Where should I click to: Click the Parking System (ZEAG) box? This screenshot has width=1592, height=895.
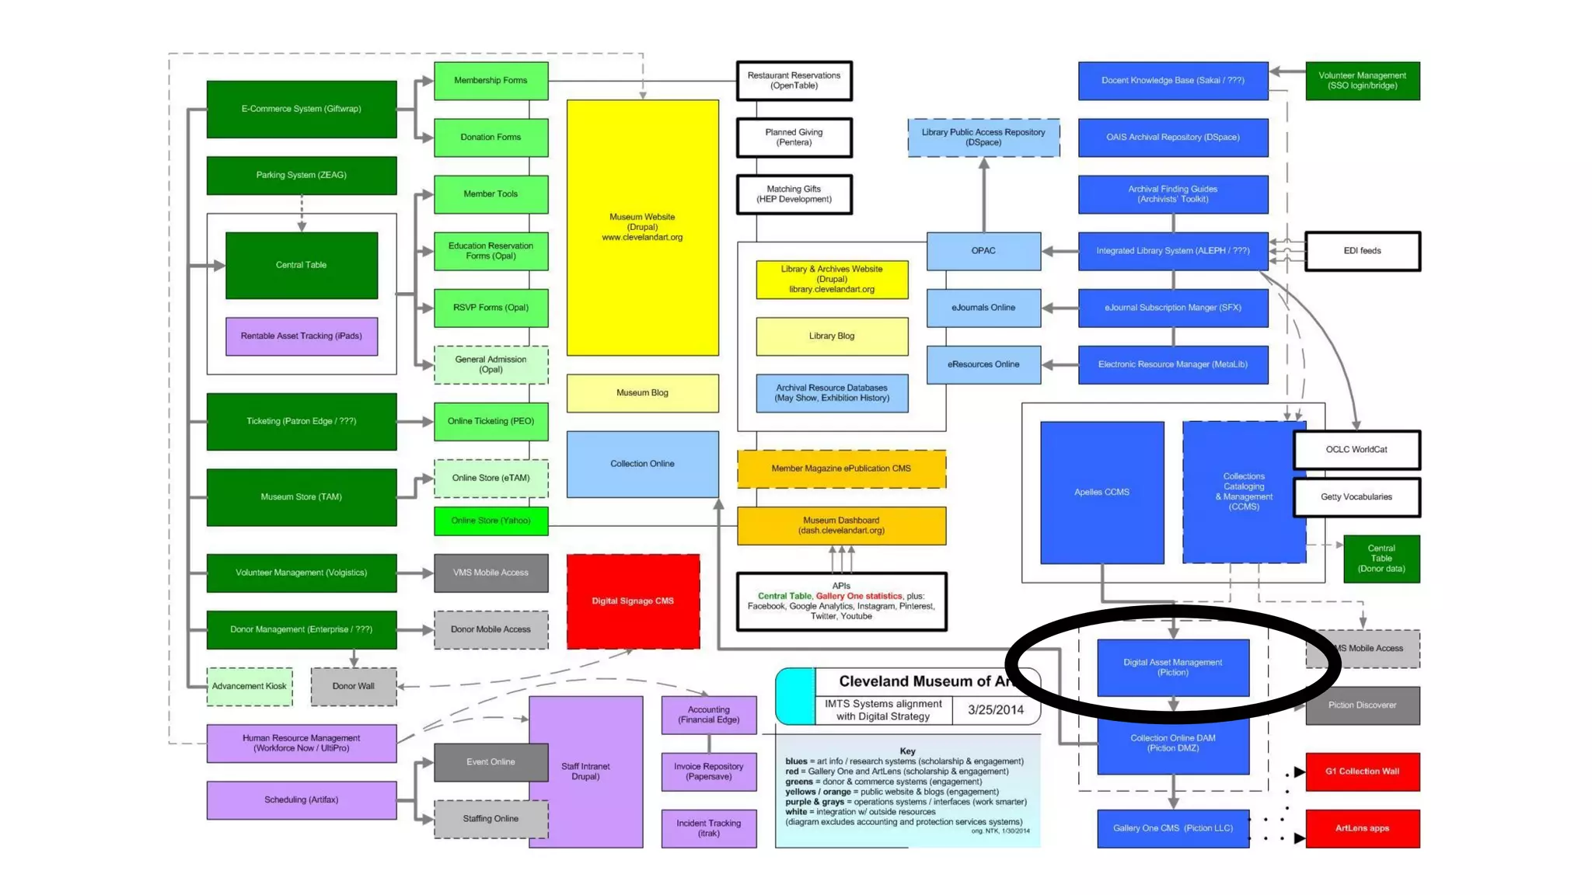click(x=301, y=176)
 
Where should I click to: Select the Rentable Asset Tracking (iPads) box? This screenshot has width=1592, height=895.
click(x=301, y=336)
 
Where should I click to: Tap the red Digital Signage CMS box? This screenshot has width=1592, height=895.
click(x=633, y=601)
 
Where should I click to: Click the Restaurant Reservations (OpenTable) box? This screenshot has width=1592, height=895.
click(x=794, y=81)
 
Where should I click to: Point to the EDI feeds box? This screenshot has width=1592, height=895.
click(x=1362, y=251)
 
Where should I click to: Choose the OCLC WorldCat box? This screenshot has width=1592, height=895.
click(x=1356, y=450)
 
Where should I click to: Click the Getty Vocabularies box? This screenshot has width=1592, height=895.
click(x=1356, y=497)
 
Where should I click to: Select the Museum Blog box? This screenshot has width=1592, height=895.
click(x=642, y=393)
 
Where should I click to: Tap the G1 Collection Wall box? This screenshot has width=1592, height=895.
click(x=1362, y=771)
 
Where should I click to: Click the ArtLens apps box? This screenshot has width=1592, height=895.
click(x=1362, y=828)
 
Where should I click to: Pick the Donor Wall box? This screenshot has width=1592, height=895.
click(x=353, y=687)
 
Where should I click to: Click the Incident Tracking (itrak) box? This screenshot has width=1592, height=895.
click(x=708, y=828)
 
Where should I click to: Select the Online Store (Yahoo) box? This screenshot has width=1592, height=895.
click(x=491, y=521)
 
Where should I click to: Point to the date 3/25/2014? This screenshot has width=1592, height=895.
click(x=995, y=710)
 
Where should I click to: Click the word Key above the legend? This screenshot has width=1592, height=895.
click(x=907, y=751)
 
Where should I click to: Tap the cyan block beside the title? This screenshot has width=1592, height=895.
click(x=795, y=696)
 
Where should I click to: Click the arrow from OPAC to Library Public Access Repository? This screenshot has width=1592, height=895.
click(x=983, y=194)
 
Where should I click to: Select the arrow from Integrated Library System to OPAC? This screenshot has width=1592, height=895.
click(x=1059, y=251)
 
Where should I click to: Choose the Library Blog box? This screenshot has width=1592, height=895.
click(x=832, y=336)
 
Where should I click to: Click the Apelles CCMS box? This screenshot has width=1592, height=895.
click(x=1101, y=493)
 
